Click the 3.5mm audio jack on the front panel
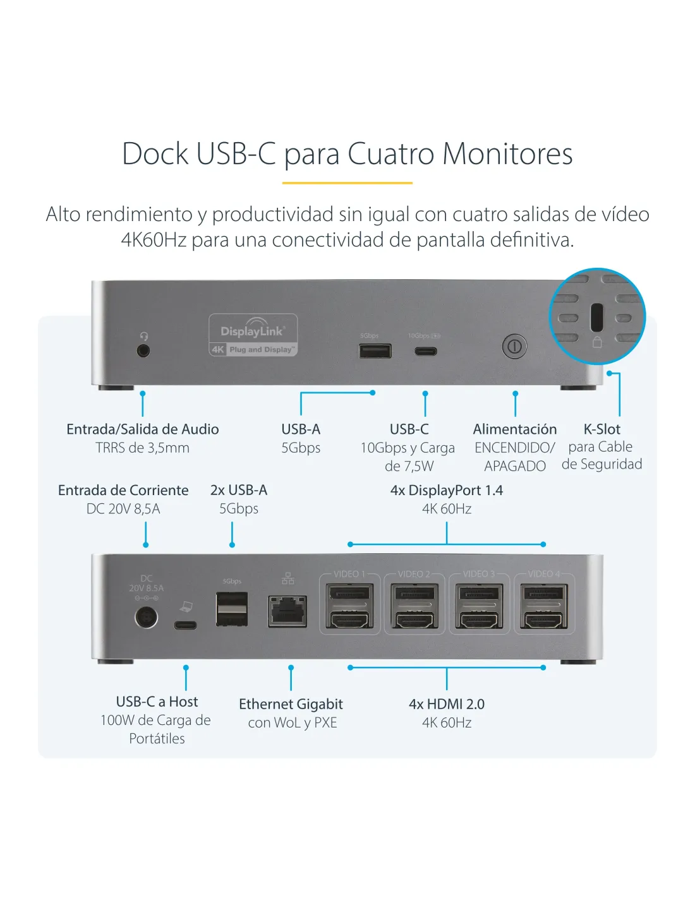(143, 349)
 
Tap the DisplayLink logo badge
(253, 335)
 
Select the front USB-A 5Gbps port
(375, 350)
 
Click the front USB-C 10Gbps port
(426, 350)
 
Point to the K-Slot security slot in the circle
(597, 318)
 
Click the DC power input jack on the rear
(146, 617)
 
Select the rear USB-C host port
(186, 625)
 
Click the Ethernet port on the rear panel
(288, 611)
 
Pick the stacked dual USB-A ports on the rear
(232, 609)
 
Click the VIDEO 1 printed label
(349, 574)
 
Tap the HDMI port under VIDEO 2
(414, 620)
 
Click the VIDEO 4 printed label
(543, 574)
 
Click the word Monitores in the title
(507, 154)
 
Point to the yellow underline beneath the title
(347, 183)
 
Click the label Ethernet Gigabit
(291, 704)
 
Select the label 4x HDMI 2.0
(447, 704)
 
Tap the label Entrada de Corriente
(123, 491)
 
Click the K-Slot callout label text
(602, 429)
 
